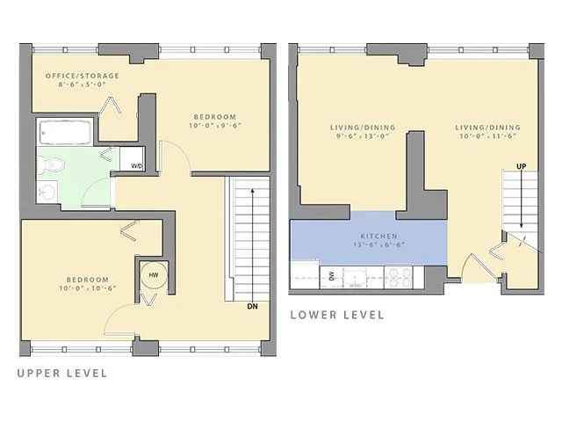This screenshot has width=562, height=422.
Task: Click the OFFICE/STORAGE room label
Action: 82,76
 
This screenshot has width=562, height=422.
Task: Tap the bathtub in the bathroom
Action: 65,134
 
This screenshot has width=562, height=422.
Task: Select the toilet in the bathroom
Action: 54,163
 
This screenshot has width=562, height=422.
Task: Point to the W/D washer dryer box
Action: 137,165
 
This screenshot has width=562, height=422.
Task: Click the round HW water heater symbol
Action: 154,275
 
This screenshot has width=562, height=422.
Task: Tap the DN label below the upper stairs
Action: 252,307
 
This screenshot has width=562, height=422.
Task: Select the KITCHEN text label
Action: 379,237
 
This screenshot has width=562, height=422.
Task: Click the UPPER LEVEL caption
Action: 62,373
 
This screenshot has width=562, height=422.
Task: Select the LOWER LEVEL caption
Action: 337,315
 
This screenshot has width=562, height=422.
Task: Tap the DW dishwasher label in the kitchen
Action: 331,276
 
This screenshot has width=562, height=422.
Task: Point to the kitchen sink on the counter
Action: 357,277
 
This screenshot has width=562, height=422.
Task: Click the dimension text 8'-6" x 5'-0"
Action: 82,86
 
